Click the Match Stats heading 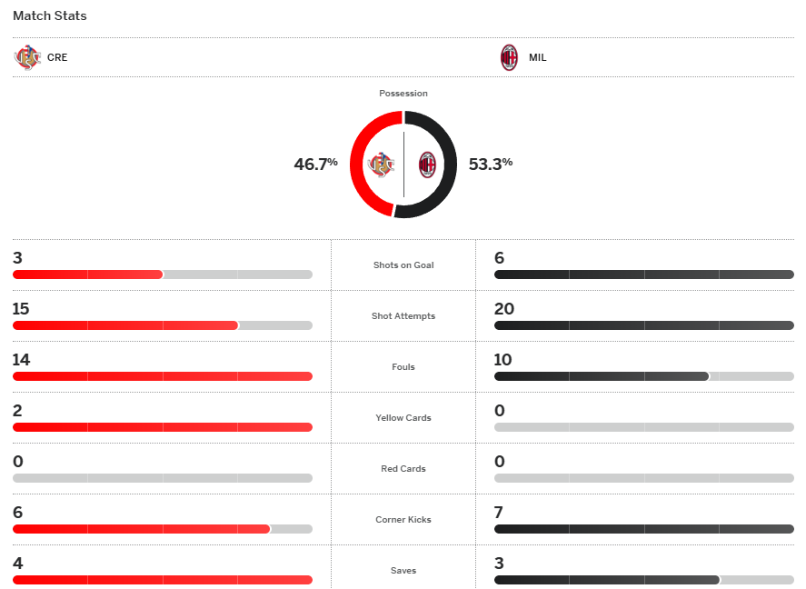pyautogui.click(x=50, y=16)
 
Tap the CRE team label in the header pyautogui.click(x=57, y=58)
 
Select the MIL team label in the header pyautogui.click(x=537, y=58)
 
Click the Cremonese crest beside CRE pyautogui.click(x=27, y=58)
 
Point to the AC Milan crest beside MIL pyautogui.click(x=509, y=58)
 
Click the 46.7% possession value pyautogui.click(x=315, y=165)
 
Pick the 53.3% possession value pyautogui.click(x=491, y=165)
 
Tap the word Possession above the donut pyautogui.click(x=403, y=94)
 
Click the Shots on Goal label pyautogui.click(x=403, y=265)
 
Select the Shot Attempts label pyautogui.click(x=403, y=316)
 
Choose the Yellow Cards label pyautogui.click(x=403, y=418)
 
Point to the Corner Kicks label pyautogui.click(x=403, y=520)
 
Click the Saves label pyautogui.click(x=403, y=571)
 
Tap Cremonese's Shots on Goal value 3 pyautogui.click(x=17, y=258)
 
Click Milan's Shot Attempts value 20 pyautogui.click(x=504, y=309)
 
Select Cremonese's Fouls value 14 pyautogui.click(x=21, y=360)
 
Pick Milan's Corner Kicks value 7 pyautogui.click(x=499, y=513)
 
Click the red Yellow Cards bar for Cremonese pyautogui.click(x=162, y=427)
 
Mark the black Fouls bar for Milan pyautogui.click(x=601, y=376)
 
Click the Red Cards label pyautogui.click(x=403, y=469)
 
